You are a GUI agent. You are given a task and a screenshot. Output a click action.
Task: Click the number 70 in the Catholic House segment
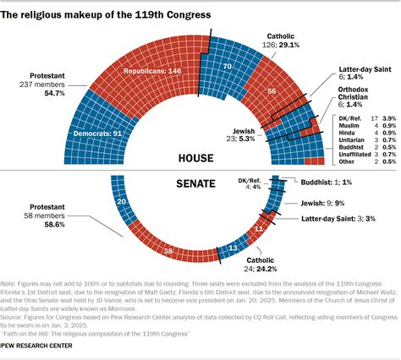(227, 66)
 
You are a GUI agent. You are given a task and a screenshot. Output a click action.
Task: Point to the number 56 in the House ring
(271, 92)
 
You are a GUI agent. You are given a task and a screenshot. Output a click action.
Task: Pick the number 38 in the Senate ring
(169, 251)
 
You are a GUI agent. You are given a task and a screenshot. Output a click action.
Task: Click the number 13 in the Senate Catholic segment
(233, 248)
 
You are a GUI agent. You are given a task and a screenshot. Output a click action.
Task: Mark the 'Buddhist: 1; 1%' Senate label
(331, 182)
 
